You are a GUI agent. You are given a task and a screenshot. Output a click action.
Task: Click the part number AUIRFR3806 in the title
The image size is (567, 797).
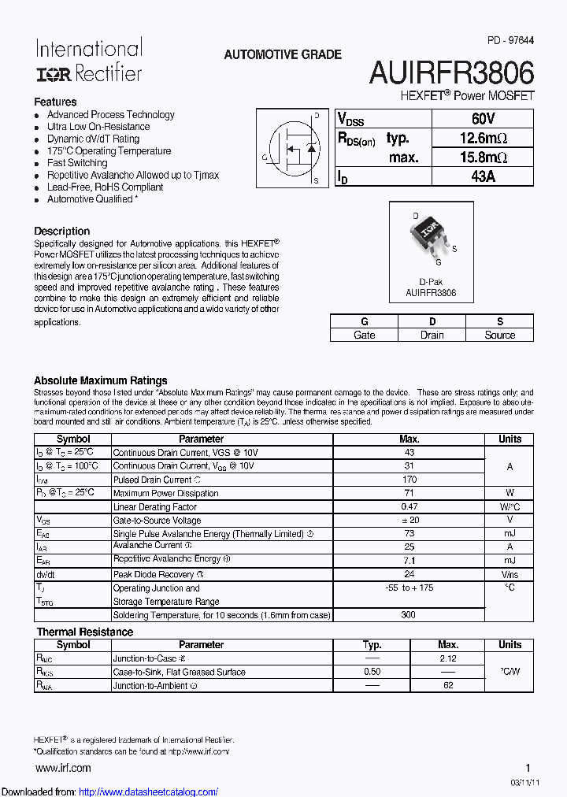pyautogui.click(x=451, y=73)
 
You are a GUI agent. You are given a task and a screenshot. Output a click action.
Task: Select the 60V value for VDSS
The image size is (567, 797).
pyautogui.click(x=483, y=119)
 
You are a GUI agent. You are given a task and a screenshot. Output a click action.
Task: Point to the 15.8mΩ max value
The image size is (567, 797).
pyautogui.click(x=483, y=158)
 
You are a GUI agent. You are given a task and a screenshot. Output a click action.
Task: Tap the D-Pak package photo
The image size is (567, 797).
pyautogui.click(x=430, y=235)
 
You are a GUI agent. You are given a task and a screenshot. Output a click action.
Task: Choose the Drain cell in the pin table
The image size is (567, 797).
pyautogui.click(x=432, y=335)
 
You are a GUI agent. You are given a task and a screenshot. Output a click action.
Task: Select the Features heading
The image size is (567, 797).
pyautogui.click(x=55, y=102)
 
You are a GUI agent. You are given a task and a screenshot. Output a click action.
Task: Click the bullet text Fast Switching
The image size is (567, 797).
pyautogui.click(x=77, y=163)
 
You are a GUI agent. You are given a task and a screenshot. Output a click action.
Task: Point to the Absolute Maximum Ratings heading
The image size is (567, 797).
pyautogui.click(x=100, y=380)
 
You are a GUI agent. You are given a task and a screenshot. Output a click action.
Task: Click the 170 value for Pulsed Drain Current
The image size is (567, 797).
pyautogui.click(x=409, y=480)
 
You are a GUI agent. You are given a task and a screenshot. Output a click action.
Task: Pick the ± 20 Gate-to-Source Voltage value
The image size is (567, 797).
pyautogui.click(x=409, y=521)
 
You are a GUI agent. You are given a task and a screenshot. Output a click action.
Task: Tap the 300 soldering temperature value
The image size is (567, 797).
pyautogui.click(x=409, y=615)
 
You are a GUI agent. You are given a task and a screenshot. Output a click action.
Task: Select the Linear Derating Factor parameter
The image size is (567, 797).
pyautogui.click(x=155, y=507)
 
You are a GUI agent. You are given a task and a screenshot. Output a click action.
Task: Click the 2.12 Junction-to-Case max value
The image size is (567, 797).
pyautogui.click(x=448, y=658)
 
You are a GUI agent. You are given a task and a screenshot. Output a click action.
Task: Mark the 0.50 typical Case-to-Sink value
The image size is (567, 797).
pyautogui.click(x=372, y=672)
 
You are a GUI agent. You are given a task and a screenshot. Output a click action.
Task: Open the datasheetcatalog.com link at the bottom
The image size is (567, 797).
pyautogui.click(x=149, y=791)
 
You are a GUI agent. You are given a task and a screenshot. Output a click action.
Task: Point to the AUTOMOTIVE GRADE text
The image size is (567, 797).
pyautogui.click(x=283, y=54)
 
